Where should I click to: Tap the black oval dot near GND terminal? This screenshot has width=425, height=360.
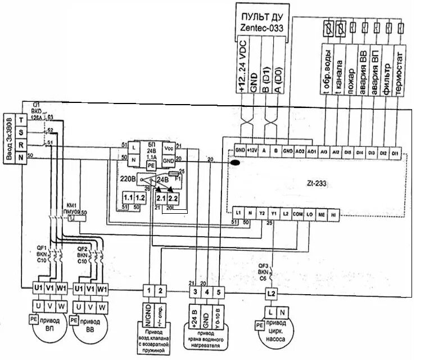(235, 163)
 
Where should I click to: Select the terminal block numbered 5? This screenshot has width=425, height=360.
(219, 292)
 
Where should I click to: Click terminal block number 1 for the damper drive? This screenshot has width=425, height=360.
(147, 291)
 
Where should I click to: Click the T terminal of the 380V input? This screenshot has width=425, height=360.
(21, 119)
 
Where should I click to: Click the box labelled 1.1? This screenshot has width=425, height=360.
(129, 199)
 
